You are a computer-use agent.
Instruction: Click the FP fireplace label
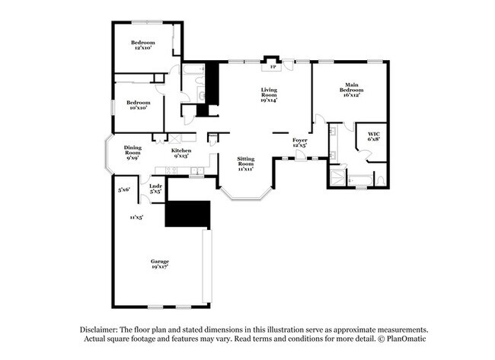[272, 67]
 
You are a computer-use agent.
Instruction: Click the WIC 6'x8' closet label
[374, 136]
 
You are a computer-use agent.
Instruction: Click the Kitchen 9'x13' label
[181, 153]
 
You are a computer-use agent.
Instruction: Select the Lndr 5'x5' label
[155, 189]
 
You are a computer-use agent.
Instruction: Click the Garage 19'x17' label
[160, 264]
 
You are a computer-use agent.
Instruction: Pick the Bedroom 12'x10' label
[143, 45]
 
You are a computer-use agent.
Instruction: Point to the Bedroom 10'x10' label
[139, 105]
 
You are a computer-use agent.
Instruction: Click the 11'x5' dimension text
[136, 217]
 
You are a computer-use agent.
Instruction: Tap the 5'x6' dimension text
[124, 190]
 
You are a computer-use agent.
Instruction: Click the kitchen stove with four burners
[171, 170]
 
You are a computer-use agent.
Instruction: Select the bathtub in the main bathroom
[360, 181]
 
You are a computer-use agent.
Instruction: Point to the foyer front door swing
[300, 155]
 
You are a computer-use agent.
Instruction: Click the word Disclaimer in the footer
[99, 330]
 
